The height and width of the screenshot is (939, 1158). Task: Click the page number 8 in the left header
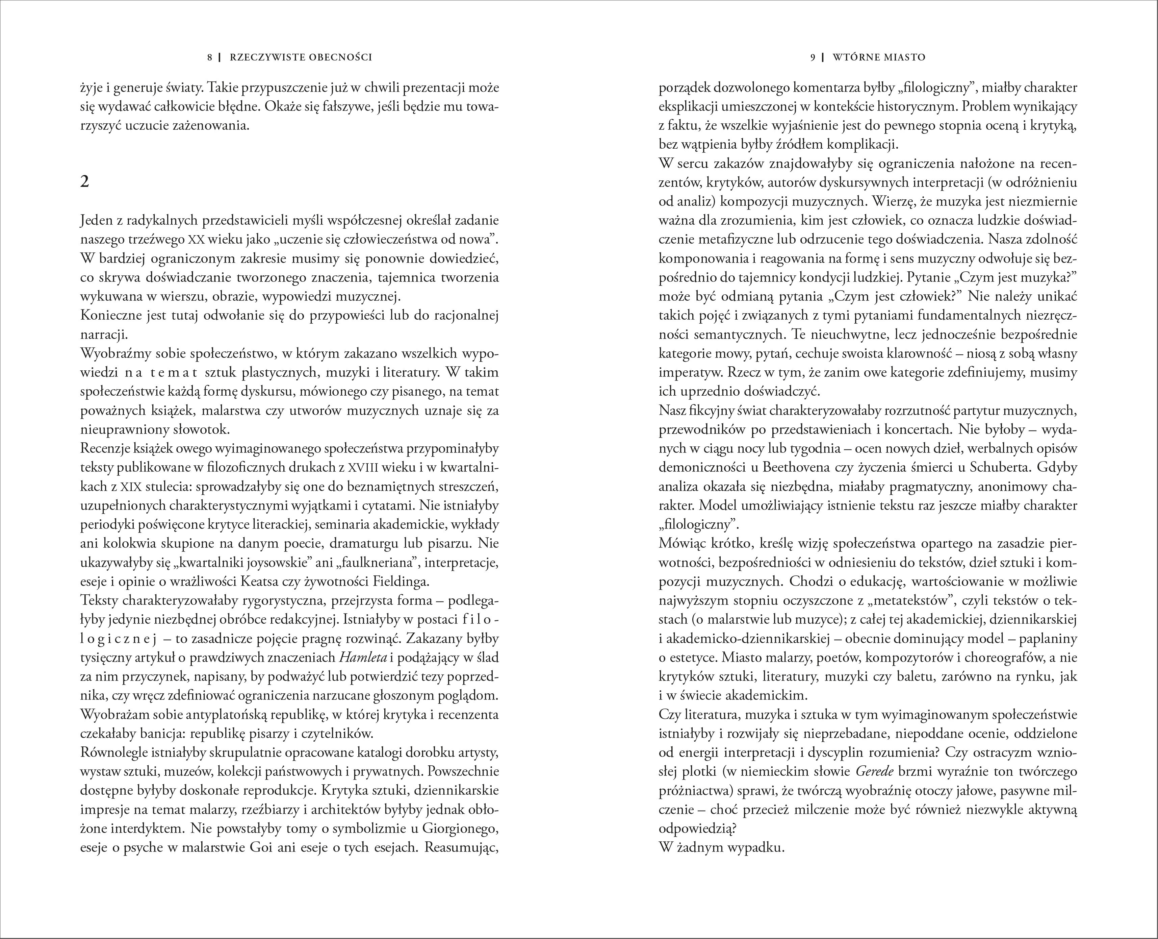click(x=210, y=57)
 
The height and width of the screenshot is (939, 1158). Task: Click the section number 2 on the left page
click(x=84, y=182)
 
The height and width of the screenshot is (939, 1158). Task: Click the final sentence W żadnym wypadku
click(x=721, y=847)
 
